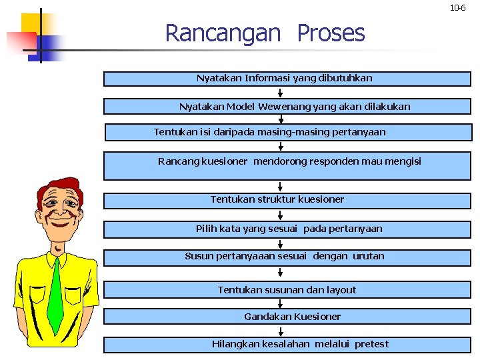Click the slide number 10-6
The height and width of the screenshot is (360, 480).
point(458,8)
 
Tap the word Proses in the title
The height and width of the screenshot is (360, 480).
point(331,33)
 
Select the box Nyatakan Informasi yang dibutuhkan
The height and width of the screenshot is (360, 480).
point(287,79)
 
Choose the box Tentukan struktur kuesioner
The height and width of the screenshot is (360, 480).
point(287,199)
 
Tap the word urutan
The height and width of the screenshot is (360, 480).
point(368,256)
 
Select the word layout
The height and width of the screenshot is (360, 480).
point(341,290)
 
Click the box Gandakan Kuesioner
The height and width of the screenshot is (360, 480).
point(287,317)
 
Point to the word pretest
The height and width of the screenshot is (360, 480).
point(371,344)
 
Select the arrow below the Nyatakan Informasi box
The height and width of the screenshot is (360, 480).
point(281,92)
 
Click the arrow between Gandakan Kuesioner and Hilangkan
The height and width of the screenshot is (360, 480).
point(281,330)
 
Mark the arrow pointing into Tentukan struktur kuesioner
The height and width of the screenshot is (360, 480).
point(281,187)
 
